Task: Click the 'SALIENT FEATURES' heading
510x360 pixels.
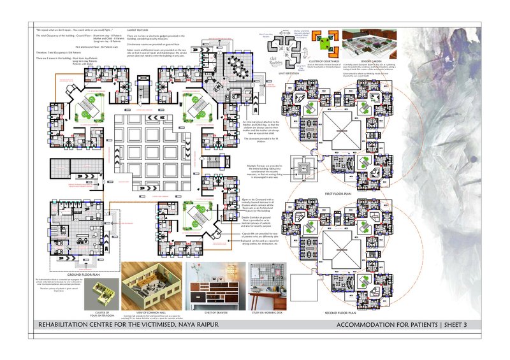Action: click(139, 30)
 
